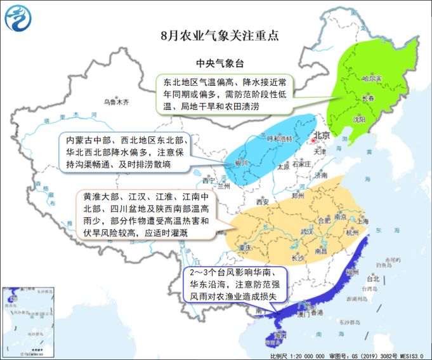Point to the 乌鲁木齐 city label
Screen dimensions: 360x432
click(117, 101)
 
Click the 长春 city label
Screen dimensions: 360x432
click(368, 99)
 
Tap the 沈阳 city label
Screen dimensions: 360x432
click(358, 118)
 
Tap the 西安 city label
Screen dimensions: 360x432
click(263, 202)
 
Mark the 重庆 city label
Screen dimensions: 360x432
click(245, 248)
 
